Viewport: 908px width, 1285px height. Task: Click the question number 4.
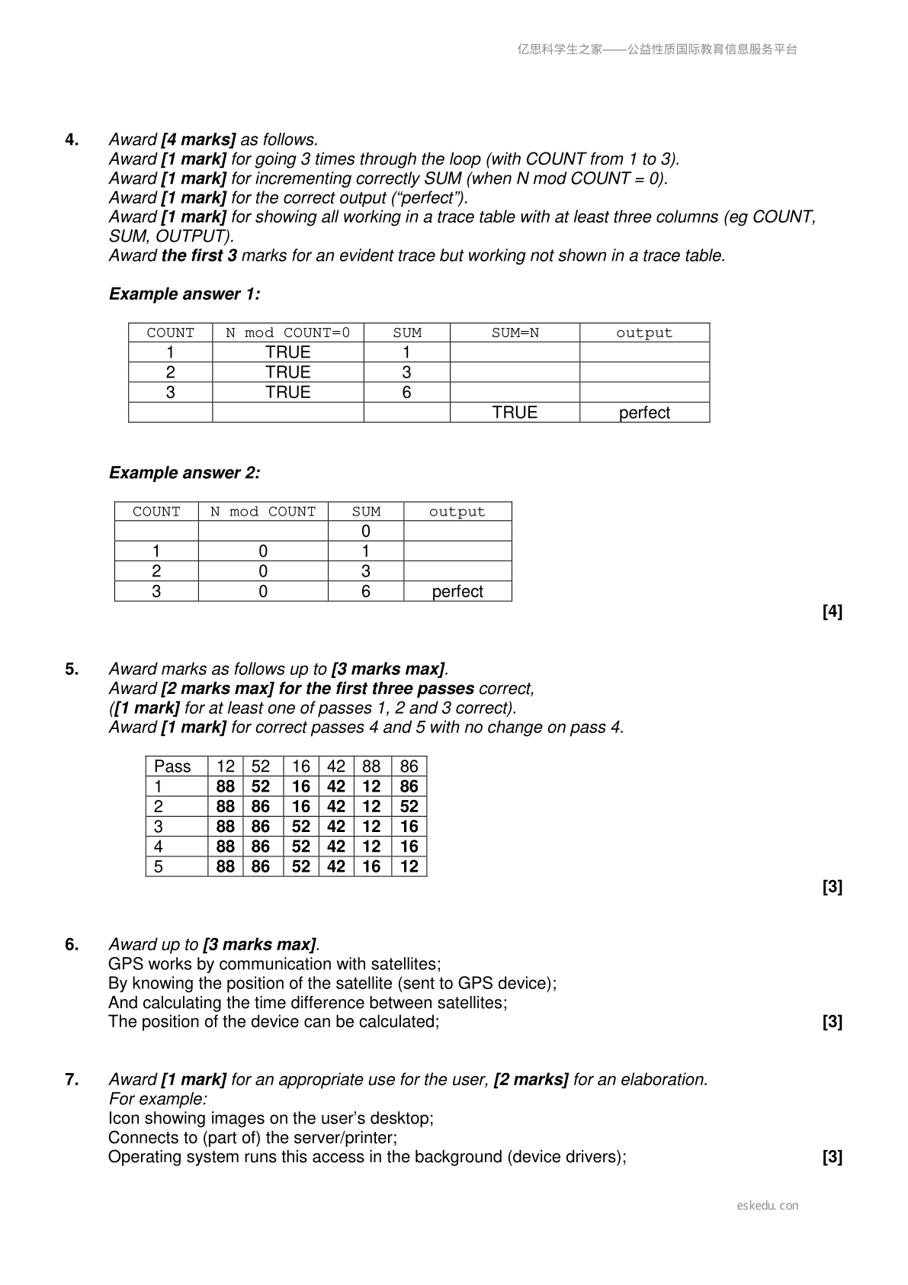(x=72, y=140)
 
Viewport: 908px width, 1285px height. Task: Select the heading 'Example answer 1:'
(x=184, y=294)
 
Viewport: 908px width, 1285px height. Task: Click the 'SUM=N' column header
(x=515, y=333)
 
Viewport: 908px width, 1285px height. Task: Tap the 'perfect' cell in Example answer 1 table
(x=644, y=413)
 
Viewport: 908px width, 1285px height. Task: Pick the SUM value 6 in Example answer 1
(x=406, y=393)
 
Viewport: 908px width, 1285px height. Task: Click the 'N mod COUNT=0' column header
(x=287, y=333)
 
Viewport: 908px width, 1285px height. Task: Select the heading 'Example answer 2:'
(x=184, y=473)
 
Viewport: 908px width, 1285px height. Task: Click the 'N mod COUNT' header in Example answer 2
(x=262, y=512)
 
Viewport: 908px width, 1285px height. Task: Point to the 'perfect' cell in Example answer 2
(x=457, y=592)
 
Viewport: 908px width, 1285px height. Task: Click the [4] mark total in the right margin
(x=833, y=612)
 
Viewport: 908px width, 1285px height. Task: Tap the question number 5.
(x=72, y=670)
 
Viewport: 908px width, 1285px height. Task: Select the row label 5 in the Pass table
(x=159, y=867)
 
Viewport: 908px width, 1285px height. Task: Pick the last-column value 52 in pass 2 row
(x=409, y=807)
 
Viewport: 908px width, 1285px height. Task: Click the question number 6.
(x=72, y=945)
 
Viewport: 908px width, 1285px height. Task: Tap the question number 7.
(x=72, y=1080)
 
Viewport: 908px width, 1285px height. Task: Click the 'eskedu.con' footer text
(x=768, y=1206)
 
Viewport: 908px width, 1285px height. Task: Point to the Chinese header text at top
(x=657, y=50)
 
